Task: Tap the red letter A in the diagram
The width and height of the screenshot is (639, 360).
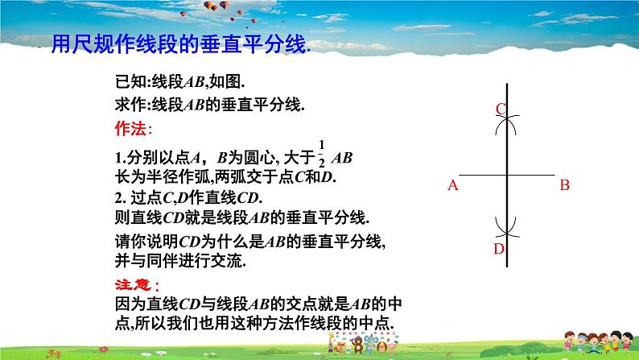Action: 452,185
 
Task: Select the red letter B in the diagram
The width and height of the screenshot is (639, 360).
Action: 564,185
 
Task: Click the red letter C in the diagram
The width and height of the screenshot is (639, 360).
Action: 500,110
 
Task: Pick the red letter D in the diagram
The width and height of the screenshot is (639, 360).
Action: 499,249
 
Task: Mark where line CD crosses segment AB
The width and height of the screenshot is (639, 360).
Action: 507,174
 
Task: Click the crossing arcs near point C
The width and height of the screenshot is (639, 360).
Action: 507,122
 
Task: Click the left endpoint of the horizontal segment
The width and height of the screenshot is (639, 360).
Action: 461,174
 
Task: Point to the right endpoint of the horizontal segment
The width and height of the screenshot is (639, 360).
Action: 554,174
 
